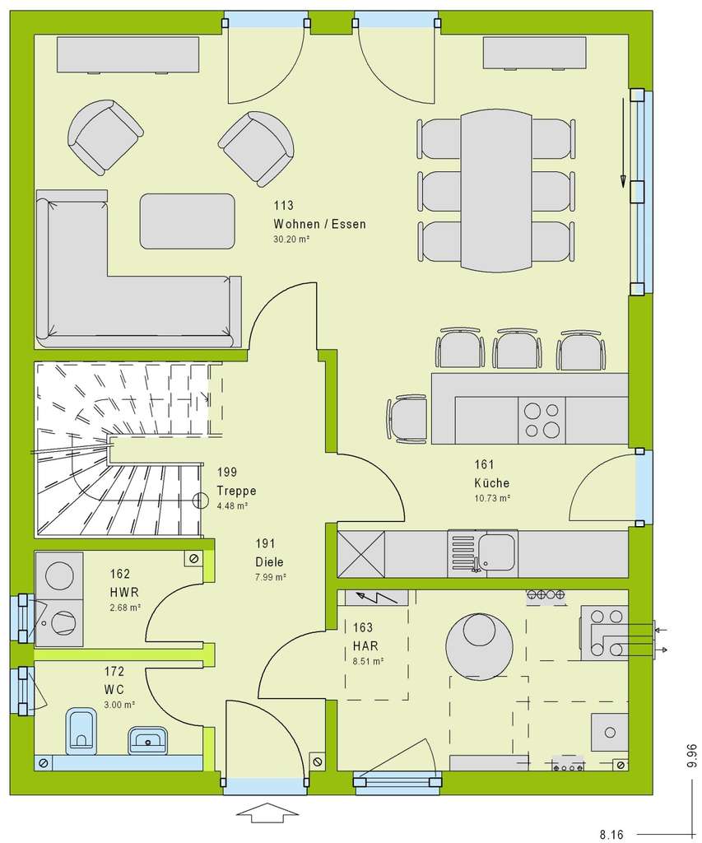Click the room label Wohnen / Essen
[x=321, y=223]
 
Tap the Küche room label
[x=491, y=483]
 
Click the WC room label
[x=114, y=687]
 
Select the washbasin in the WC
[x=148, y=740]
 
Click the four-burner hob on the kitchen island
[x=542, y=418]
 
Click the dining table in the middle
[x=496, y=189]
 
